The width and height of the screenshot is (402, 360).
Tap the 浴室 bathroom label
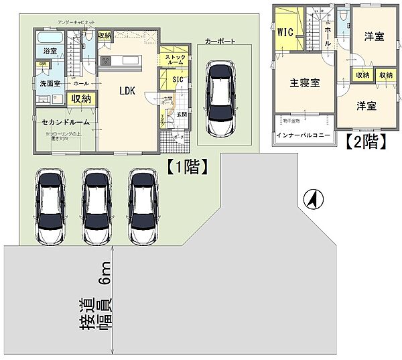point(50,51)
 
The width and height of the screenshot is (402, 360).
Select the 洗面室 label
point(49,84)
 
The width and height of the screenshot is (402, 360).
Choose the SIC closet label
point(178,80)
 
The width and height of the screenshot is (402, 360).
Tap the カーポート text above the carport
point(220,40)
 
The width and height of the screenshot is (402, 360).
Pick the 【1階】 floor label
point(185,167)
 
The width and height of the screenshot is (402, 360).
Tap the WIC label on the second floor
point(284,30)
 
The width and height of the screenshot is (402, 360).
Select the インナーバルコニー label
point(304,135)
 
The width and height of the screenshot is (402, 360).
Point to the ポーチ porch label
point(178,136)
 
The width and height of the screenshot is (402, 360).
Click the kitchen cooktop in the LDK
point(105,61)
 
